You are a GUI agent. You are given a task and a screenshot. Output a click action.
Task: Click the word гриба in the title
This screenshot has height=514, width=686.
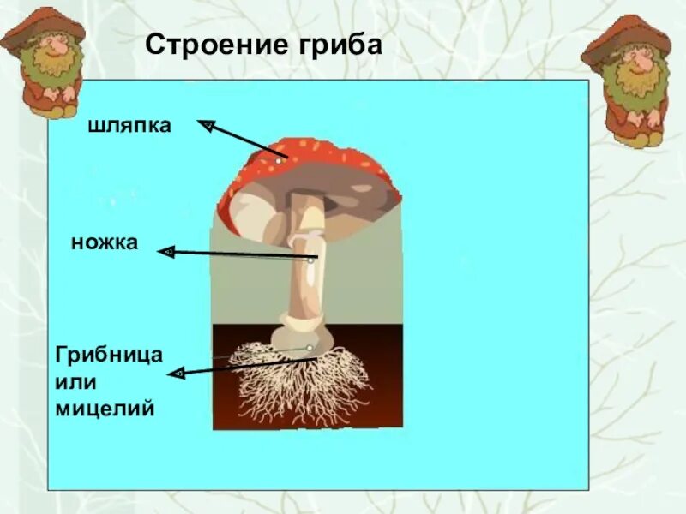coord(338,44)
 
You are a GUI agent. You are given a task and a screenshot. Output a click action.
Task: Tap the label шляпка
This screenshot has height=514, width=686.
coord(129,126)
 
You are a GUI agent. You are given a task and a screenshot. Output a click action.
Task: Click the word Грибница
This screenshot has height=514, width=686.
coord(109,353)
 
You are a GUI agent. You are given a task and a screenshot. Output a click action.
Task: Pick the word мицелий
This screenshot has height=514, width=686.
coord(105,409)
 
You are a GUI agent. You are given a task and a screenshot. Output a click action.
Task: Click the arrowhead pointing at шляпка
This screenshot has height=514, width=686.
coord(206,126)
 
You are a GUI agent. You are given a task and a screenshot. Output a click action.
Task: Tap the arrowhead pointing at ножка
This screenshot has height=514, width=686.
coord(166,252)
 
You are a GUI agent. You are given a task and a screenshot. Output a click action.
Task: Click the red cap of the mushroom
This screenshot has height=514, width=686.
coord(309,158)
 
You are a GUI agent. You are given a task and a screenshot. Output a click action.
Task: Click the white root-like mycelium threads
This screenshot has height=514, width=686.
coord(300,381)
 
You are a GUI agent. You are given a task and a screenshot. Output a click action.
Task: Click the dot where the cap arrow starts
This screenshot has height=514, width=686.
coord(279,159)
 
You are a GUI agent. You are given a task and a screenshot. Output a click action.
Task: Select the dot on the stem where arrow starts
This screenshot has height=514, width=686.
coord(311,259)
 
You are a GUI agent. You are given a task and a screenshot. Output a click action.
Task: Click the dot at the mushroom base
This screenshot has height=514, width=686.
coord(309,348)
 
